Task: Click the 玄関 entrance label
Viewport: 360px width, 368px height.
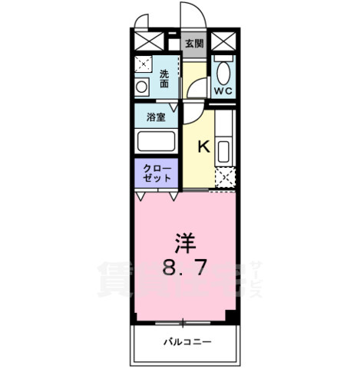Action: tap(194, 44)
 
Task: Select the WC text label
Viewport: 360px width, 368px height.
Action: tap(223, 90)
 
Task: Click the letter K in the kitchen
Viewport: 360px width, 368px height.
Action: tap(205, 146)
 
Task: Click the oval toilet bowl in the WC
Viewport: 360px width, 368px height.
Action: tap(223, 74)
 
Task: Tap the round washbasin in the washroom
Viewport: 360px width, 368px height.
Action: tap(141, 87)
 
